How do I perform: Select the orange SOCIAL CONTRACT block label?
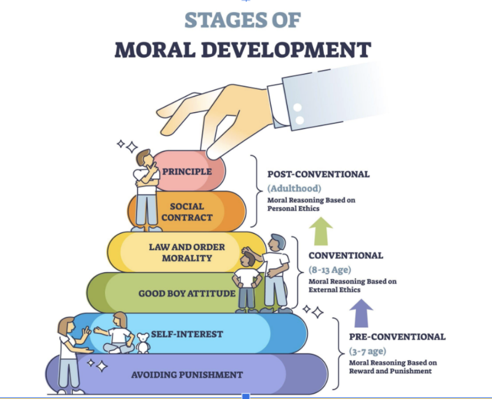tap(187, 212)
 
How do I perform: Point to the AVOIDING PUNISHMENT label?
tap(187, 375)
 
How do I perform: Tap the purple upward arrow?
tap(361, 313)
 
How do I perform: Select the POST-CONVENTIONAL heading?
tap(318, 174)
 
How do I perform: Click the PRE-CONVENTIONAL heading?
tap(397, 337)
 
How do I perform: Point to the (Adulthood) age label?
tap(293, 188)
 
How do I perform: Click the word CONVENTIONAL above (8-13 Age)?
tap(345, 255)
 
